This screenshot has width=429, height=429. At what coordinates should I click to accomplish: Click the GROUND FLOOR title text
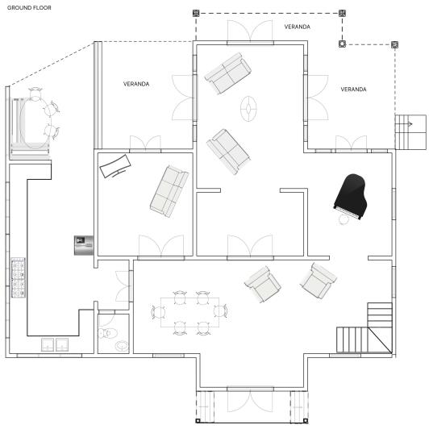29,8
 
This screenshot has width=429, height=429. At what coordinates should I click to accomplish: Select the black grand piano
351,196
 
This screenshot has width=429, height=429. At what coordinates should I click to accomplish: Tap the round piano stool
344,219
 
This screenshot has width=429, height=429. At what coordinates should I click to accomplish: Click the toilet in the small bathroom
107,333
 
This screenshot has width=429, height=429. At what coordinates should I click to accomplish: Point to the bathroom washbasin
122,346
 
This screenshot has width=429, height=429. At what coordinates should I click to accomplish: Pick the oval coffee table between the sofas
248,109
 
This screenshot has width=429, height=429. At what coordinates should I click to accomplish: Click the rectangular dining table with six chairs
190,312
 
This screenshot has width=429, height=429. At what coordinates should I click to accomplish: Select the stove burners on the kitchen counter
18,277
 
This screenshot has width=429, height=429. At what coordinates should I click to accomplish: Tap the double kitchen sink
55,345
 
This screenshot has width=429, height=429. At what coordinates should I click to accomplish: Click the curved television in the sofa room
115,166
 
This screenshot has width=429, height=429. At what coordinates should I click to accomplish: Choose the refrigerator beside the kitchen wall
84,245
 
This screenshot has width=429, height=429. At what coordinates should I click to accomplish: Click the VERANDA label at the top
297,27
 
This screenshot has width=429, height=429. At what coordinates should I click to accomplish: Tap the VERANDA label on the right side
353,90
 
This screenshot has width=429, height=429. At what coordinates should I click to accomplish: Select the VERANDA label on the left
136,84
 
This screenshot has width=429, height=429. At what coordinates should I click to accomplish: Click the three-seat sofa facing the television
169,192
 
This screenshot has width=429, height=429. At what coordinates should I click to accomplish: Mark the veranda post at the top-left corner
196,13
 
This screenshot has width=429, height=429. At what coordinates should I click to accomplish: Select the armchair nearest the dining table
263,285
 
